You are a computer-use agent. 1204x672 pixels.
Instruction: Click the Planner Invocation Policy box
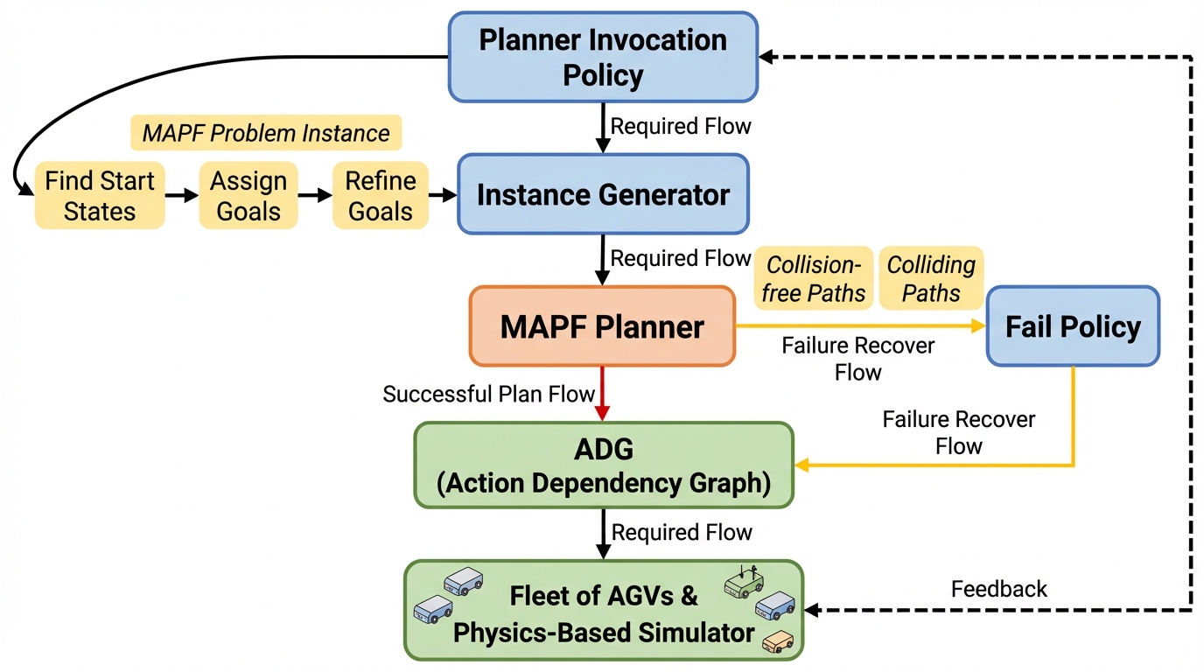[603, 57]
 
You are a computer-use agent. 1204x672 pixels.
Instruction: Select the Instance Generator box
[603, 194]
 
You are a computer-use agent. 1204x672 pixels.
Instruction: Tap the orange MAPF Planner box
[602, 326]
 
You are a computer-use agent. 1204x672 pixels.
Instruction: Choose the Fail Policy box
[1073, 326]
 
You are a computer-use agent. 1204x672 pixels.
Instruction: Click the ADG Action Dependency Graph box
[604, 465]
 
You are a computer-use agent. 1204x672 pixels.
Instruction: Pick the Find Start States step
[100, 195]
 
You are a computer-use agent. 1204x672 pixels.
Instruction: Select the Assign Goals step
[248, 195]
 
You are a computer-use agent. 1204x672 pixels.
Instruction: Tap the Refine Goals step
[381, 195]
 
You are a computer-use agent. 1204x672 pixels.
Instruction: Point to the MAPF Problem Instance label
[266, 133]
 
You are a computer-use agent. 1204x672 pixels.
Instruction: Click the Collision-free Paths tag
[814, 278]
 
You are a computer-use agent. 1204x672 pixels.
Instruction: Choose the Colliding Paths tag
[931, 278]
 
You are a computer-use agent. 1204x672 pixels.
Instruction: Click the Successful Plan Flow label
[489, 395]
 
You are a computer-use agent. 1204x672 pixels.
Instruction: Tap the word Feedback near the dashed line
[999, 589]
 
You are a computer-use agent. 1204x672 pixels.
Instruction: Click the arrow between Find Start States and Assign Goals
[182, 195]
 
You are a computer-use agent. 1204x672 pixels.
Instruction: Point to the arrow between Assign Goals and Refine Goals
[314, 195]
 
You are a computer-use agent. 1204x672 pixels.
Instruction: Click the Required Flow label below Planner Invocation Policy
[681, 126]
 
